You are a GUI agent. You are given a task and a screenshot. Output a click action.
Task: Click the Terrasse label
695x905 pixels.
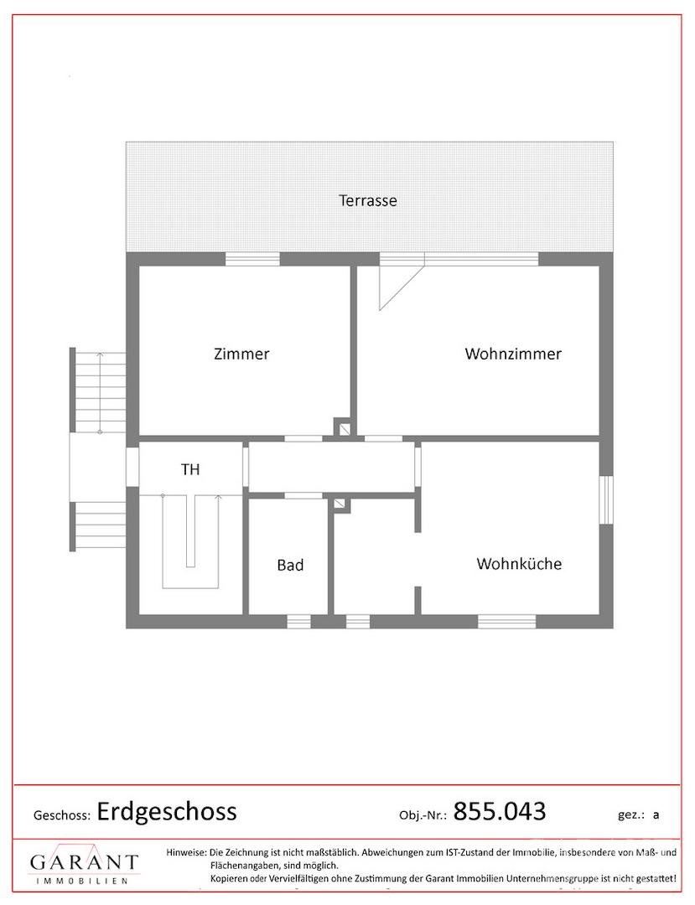(368, 201)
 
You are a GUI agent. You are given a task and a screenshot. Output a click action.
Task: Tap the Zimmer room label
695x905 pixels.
(241, 354)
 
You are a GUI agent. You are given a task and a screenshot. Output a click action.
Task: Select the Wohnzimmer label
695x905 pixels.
(512, 354)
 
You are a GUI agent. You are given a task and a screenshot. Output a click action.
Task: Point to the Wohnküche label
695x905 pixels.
(519, 564)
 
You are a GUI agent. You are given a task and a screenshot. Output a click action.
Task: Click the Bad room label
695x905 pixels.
(290, 565)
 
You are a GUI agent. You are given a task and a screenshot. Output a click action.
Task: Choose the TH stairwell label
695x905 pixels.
(190, 470)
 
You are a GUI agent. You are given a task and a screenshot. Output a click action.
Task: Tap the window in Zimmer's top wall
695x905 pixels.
(252, 259)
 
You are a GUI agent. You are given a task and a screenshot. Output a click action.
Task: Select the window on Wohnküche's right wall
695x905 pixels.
(606, 499)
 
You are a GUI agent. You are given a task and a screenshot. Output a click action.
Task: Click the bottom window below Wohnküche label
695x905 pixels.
(507, 622)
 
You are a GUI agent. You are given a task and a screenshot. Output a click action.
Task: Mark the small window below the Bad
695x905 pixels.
(299, 622)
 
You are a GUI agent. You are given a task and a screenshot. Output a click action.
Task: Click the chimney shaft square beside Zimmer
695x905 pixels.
(345, 427)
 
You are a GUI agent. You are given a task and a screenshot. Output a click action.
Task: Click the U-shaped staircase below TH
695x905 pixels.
(190, 542)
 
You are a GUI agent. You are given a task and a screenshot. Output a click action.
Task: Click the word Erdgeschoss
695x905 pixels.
(167, 811)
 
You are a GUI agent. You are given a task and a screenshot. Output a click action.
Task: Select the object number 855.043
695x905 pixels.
(500, 811)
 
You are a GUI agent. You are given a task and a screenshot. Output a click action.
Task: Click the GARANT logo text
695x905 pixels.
(85, 862)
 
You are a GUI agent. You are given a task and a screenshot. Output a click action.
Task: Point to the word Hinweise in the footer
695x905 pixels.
(186, 852)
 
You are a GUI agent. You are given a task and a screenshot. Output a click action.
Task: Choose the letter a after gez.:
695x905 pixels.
(656, 815)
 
